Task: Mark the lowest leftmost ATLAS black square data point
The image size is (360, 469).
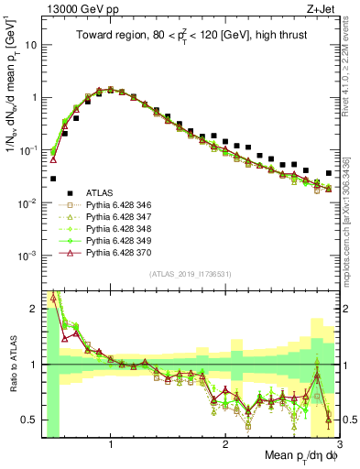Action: pyautogui.click(x=53, y=179)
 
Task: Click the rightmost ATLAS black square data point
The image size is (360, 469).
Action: pyautogui.click(x=329, y=173)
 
